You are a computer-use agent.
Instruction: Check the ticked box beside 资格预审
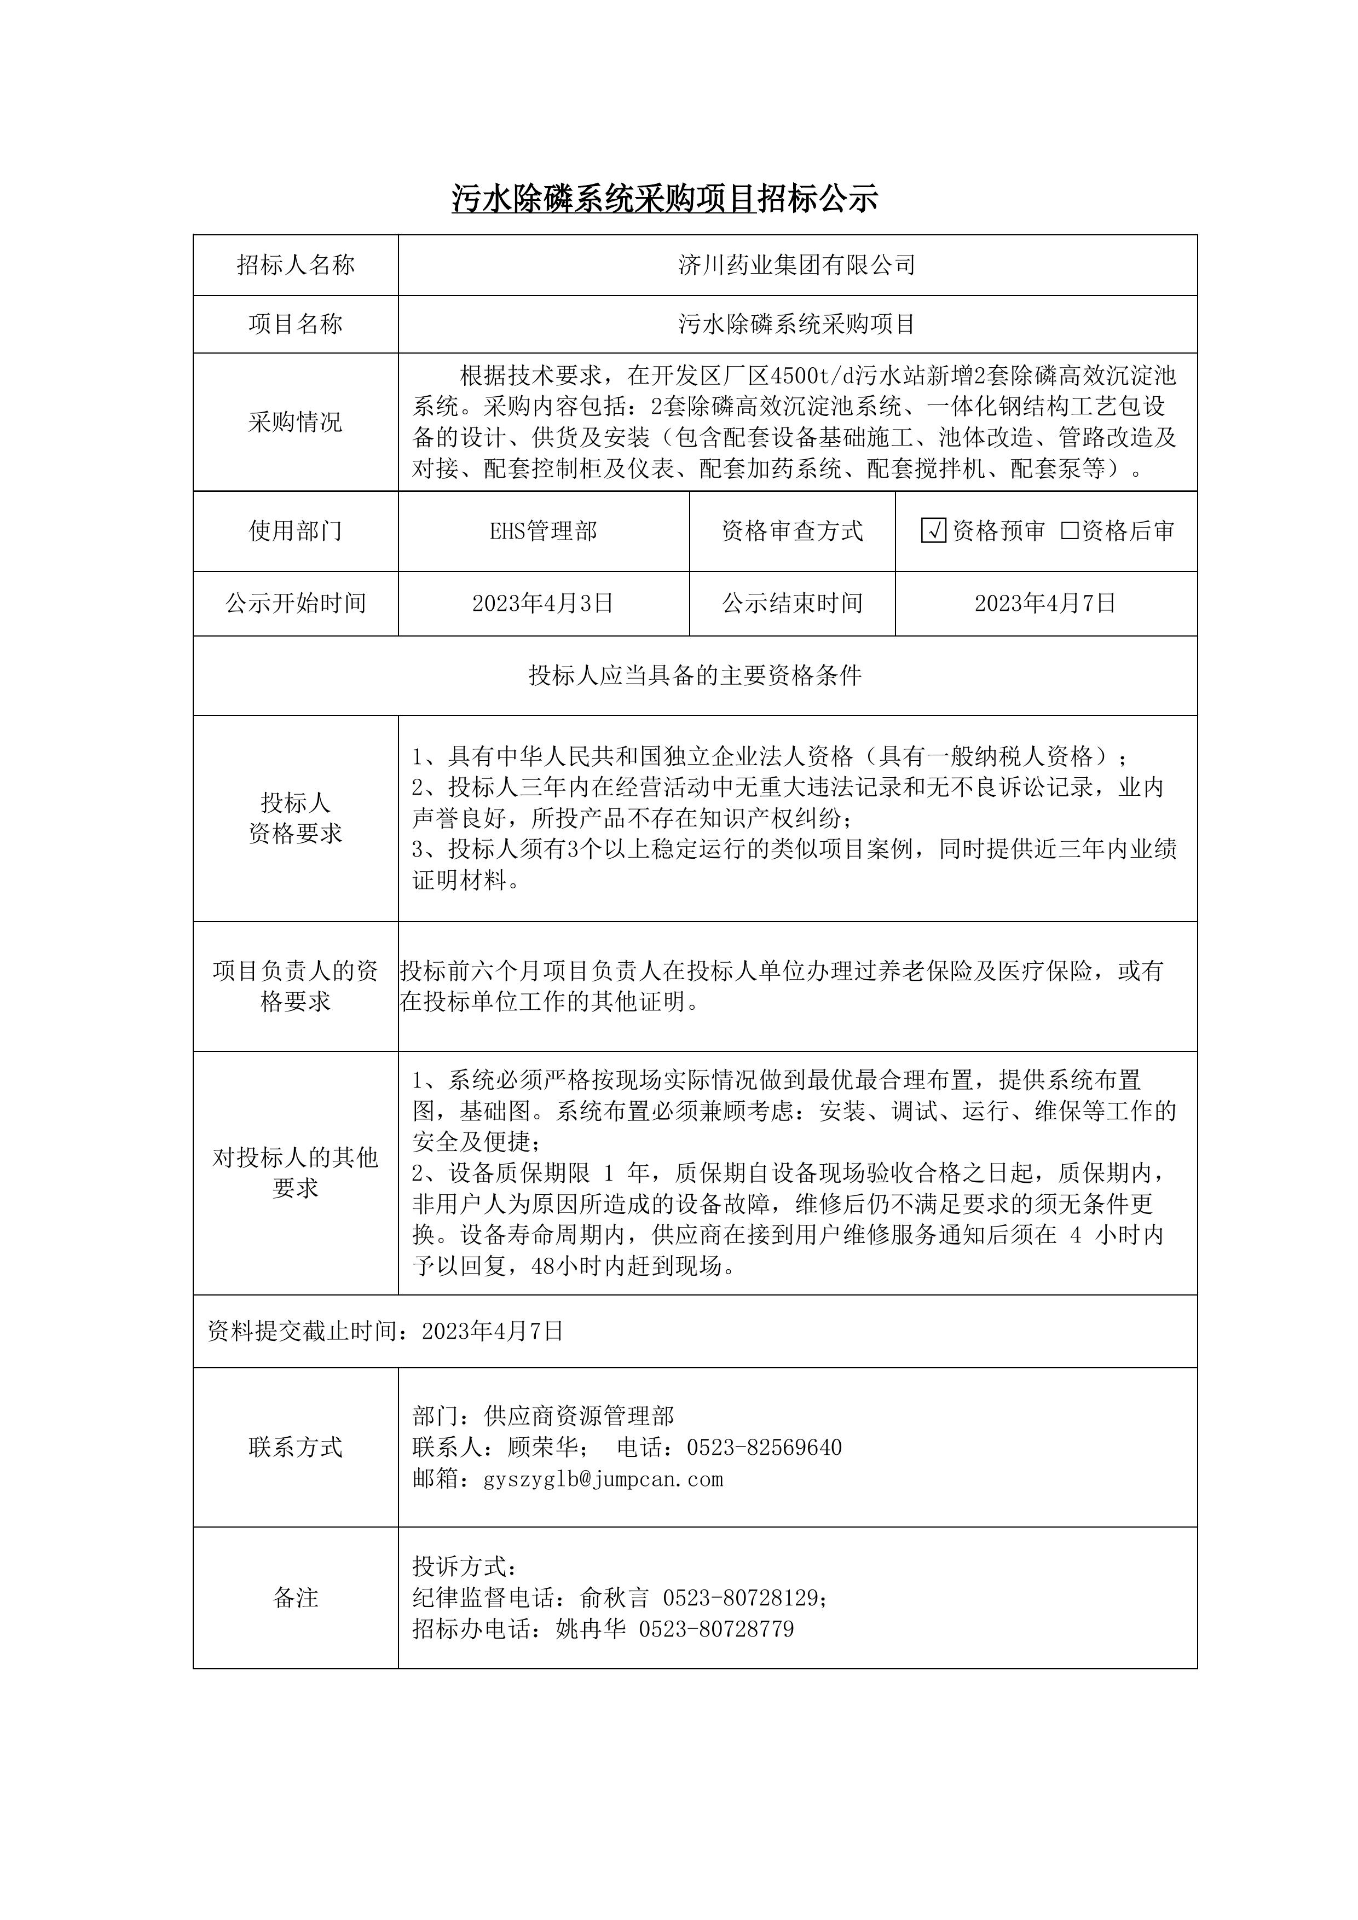[x=933, y=531]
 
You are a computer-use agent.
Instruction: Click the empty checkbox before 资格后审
[x=1070, y=531]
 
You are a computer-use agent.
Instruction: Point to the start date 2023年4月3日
[x=544, y=604]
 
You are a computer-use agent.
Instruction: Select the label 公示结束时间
[x=792, y=604]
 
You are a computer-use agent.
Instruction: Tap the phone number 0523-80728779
[x=716, y=1629]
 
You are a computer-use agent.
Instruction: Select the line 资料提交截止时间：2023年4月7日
[x=385, y=1331]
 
